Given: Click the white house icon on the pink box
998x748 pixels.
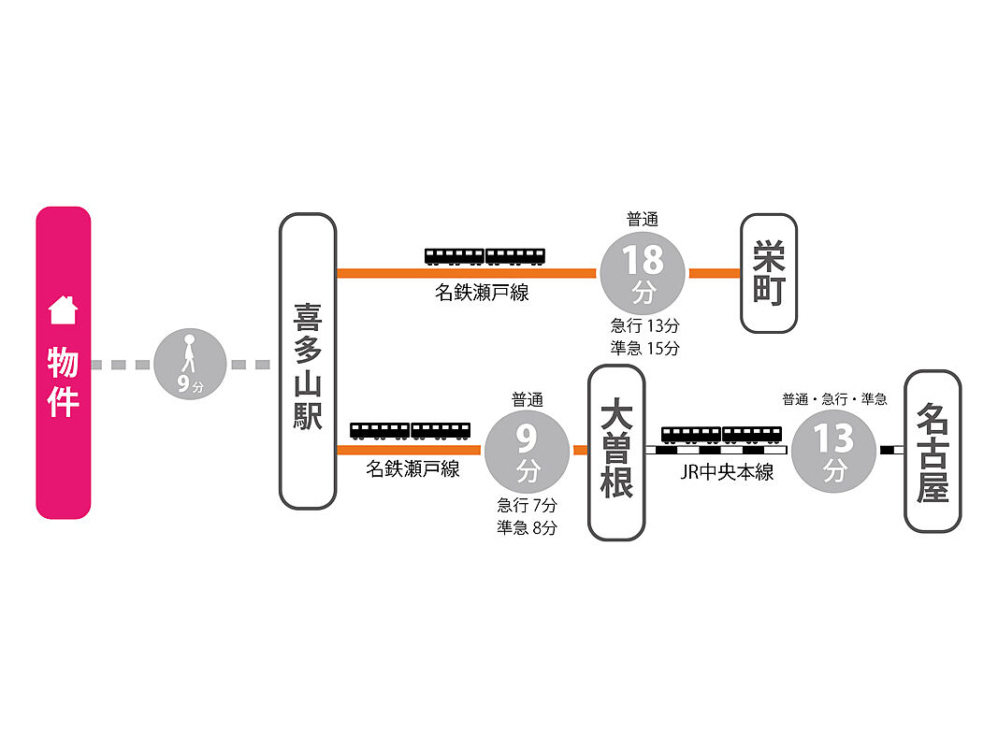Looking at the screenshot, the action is point(63,310).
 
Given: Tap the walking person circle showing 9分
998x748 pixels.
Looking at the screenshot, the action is point(190,365).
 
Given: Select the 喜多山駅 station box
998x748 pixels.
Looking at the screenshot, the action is point(308,361).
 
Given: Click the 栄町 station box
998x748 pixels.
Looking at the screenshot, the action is point(769,274).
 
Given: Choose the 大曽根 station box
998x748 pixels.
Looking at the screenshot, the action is point(616,453).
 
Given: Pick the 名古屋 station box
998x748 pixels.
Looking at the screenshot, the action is point(933,452).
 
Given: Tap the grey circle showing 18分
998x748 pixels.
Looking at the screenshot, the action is point(643,274).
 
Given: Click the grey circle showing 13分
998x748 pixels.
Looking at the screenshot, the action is point(833,451).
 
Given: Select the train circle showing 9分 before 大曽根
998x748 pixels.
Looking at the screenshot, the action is point(527,451).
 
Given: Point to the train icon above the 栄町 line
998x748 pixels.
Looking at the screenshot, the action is point(485,256).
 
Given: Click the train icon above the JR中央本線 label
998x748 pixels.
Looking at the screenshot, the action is point(721,435).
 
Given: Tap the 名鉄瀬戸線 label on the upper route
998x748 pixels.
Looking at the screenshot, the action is point(482,293).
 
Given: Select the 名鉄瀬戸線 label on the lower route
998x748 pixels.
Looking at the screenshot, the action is point(412,468).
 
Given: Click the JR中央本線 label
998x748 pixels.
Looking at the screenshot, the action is point(727,472).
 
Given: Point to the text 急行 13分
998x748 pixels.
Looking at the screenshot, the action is point(644,325).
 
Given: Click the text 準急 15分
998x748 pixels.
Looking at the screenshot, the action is point(644,348).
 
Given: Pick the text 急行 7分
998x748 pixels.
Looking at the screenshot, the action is point(527,505).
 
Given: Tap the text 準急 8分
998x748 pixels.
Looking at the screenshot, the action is point(527,527).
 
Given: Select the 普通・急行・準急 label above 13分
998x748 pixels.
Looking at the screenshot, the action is point(834,399).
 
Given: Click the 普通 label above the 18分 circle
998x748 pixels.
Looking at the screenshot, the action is point(643,220).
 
